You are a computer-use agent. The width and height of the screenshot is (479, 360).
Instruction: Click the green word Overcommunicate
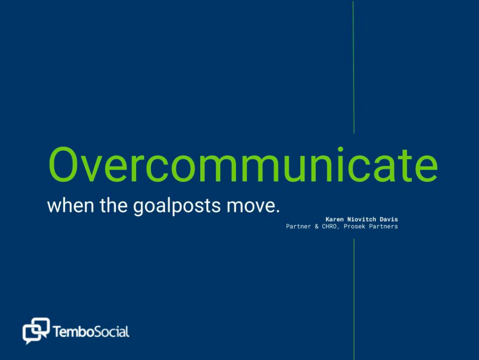tap(243, 165)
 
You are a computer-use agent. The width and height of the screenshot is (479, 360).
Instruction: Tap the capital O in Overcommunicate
tap(62, 165)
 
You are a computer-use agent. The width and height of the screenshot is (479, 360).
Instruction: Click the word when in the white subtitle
tap(71, 205)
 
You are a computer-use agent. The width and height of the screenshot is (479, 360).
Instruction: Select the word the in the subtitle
tap(113, 205)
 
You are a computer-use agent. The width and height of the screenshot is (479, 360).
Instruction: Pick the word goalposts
tap(177, 207)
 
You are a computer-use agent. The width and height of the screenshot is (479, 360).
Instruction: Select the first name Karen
tap(335, 219)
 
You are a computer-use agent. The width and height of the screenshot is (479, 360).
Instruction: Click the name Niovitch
tap(362, 219)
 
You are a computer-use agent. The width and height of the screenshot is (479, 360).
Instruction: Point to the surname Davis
tap(389, 219)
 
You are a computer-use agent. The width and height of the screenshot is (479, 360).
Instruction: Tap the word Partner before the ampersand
tap(298, 227)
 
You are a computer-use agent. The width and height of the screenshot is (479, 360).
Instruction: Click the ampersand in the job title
tap(317, 227)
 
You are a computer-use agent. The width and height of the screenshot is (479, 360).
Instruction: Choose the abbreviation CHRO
tap(330, 227)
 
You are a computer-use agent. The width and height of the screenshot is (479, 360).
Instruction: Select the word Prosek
tap(354, 227)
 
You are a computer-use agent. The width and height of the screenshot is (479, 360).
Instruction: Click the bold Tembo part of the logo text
tap(73, 332)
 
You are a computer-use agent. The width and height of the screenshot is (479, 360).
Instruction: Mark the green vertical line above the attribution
tap(354, 68)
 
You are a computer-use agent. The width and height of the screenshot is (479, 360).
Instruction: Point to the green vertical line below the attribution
tap(354, 299)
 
